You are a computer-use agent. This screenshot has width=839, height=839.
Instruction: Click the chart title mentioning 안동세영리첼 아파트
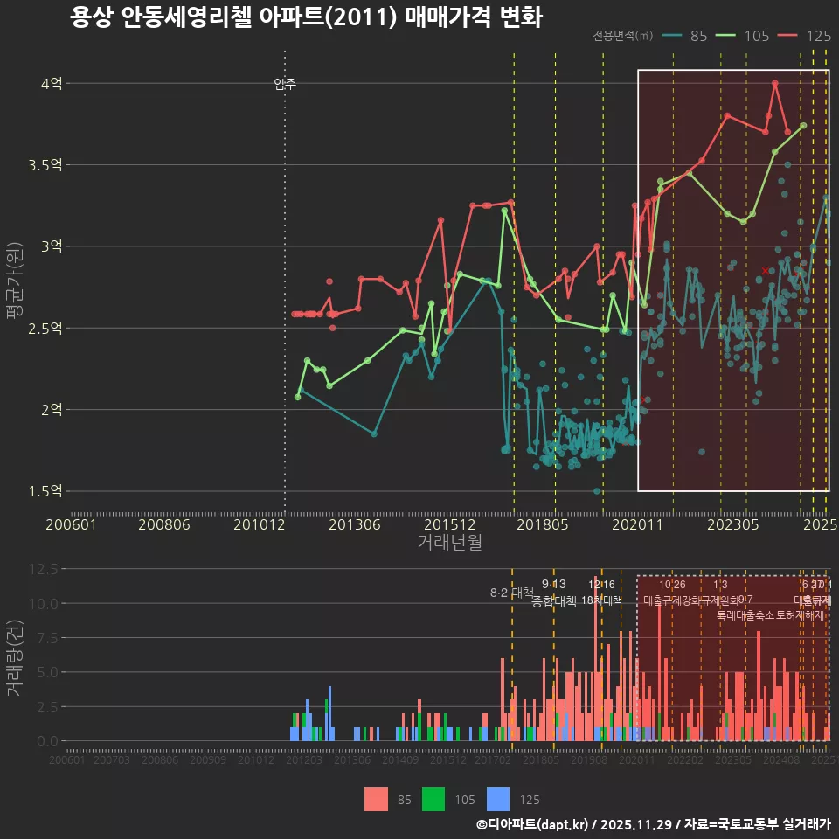(x=306, y=17)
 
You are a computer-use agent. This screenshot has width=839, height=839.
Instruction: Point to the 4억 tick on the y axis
(x=51, y=84)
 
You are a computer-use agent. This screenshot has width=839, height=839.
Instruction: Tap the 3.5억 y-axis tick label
(x=45, y=165)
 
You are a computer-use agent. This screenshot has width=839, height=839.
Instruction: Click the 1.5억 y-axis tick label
(x=45, y=491)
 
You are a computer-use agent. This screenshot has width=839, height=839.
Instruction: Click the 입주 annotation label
(x=285, y=84)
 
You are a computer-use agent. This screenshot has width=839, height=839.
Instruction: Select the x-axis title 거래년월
(x=449, y=542)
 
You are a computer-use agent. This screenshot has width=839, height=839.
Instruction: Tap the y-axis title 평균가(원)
(x=14, y=287)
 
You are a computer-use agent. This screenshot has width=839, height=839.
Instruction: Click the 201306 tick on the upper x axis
(x=355, y=524)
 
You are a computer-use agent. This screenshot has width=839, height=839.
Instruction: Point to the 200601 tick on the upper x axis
(x=71, y=524)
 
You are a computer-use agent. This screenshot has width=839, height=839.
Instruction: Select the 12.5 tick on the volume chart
(x=44, y=569)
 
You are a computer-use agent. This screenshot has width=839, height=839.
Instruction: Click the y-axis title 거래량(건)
(x=14, y=657)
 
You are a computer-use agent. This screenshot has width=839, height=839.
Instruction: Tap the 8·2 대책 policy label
(x=511, y=593)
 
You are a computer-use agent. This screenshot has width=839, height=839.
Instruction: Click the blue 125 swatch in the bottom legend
(x=498, y=799)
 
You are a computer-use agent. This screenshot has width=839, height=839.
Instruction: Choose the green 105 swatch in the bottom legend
(x=433, y=799)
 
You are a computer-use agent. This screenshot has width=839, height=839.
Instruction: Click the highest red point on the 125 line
(x=775, y=84)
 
